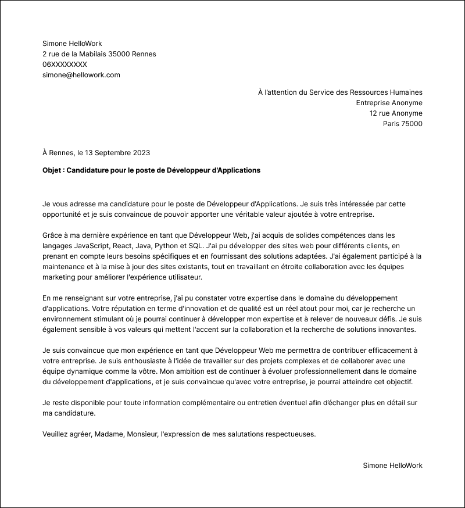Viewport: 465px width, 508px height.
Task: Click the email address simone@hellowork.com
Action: point(81,75)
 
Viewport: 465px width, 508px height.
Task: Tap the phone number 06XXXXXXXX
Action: point(65,65)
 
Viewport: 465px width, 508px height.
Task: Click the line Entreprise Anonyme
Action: point(389,103)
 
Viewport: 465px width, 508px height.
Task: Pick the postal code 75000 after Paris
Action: point(412,124)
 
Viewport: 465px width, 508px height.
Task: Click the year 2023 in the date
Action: point(141,153)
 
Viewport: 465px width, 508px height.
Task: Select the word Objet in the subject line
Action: point(53,170)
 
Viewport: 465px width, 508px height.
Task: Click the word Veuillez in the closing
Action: point(57,434)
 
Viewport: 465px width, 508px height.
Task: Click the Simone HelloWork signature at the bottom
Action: point(392,466)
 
